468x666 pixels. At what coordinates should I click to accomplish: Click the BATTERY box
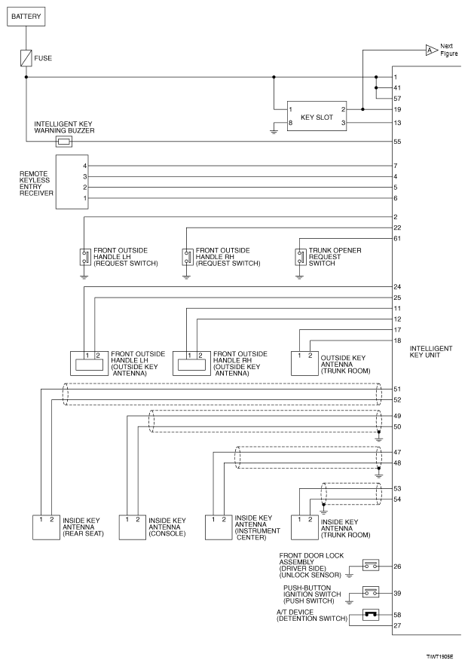pos(27,17)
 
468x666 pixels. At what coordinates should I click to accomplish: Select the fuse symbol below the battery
pos(27,57)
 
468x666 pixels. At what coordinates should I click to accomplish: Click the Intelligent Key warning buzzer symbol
pos(64,141)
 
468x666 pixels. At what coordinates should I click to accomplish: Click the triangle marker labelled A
pos(430,50)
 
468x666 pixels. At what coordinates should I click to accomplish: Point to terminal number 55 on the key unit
pos(397,142)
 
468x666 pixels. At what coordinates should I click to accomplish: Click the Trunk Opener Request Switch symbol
pos(300,257)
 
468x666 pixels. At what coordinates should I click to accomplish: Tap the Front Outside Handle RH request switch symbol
pos(186,257)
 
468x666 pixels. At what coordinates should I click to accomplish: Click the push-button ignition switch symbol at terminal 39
pos(370,593)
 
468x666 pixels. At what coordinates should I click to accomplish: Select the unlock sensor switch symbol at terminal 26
pos(370,565)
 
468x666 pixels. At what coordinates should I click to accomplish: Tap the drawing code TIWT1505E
pos(441,657)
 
